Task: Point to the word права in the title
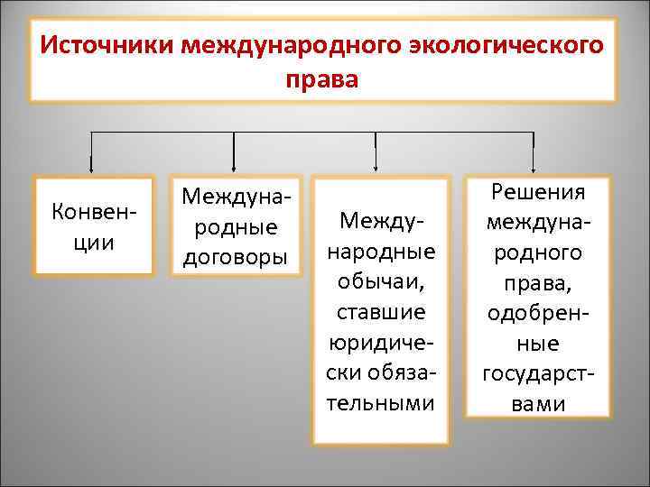click(322, 80)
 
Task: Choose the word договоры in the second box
click(235, 257)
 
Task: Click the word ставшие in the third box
click(380, 312)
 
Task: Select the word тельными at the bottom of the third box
click(380, 401)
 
